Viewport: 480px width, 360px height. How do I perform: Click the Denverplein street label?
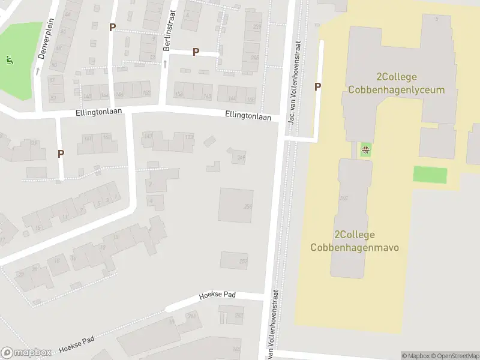[42, 45]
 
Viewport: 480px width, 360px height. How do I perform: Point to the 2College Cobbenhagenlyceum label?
[397, 83]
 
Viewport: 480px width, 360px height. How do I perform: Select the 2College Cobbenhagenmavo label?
[355, 241]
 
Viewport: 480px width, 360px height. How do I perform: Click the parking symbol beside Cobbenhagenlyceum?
[317, 87]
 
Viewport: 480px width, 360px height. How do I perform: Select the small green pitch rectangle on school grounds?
[430, 175]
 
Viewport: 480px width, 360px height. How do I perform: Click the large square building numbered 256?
[236, 205]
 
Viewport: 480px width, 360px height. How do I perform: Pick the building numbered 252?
[234, 260]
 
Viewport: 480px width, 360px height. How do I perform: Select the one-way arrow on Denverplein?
[37, 71]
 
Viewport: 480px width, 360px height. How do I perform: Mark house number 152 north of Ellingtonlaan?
[146, 93]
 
